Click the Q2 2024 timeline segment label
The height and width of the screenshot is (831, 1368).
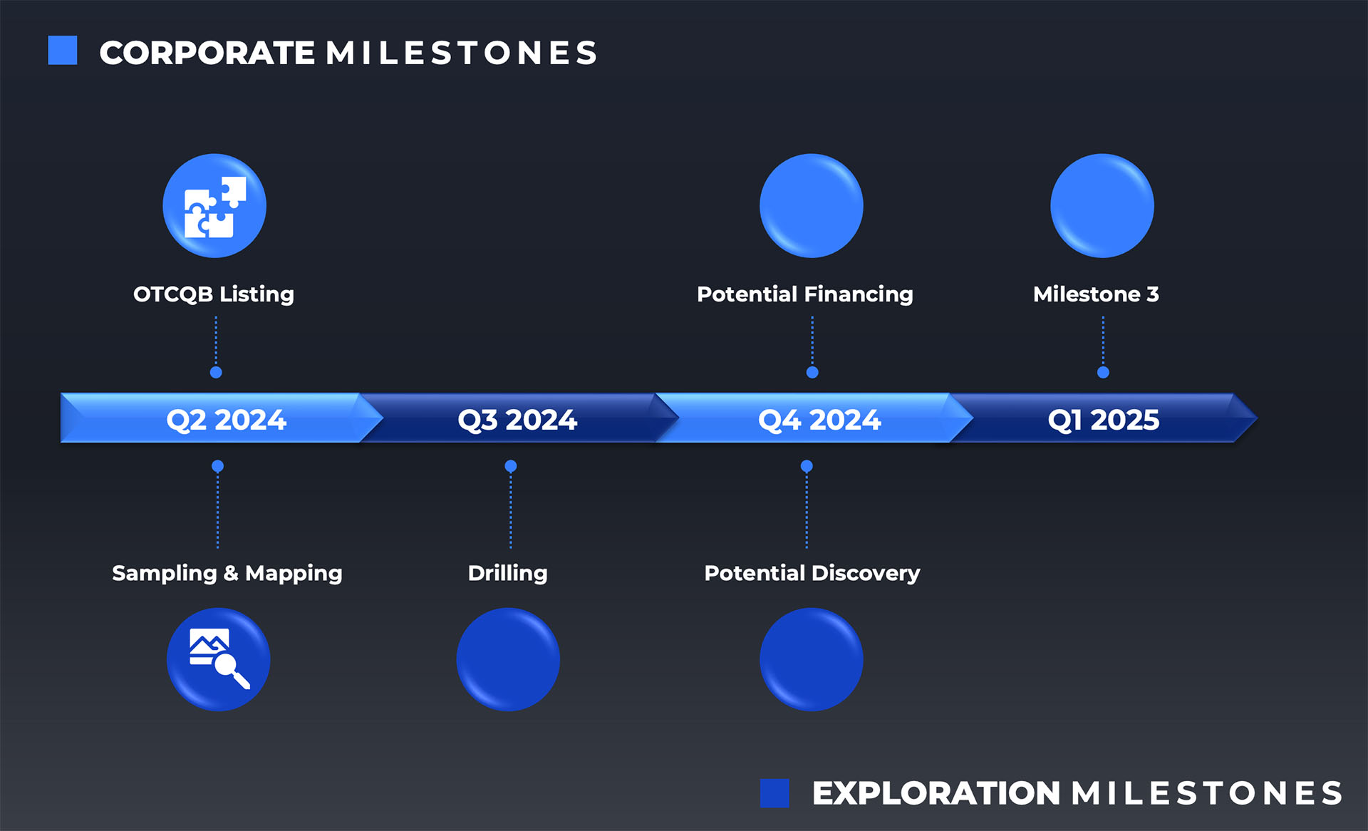point(226,420)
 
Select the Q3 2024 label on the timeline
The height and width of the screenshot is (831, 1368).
point(517,420)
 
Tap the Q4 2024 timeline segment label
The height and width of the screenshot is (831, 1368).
point(819,420)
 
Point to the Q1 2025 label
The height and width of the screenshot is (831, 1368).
point(1103,420)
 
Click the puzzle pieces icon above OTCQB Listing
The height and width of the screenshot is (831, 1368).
point(214,206)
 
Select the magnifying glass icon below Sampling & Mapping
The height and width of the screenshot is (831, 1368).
point(219,659)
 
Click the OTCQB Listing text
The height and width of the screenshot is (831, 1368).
point(214,294)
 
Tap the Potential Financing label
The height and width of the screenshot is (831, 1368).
point(805,294)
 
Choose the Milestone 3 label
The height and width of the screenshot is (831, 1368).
point(1096,294)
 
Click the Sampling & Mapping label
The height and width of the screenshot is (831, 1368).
point(227,573)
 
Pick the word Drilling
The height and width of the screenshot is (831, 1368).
point(507,573)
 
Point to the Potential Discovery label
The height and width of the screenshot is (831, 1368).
point(812,573)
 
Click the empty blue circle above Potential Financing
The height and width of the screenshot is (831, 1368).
point(812,206)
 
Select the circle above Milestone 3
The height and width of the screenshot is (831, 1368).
point(1102,206)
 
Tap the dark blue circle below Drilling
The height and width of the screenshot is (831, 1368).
point(508,659)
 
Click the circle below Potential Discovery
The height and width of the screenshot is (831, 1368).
point(812,659)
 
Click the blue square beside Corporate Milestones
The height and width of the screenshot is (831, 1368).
point(63,51)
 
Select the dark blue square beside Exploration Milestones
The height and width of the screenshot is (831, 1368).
point(774,793)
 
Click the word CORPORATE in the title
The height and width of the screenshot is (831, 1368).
point(207,53)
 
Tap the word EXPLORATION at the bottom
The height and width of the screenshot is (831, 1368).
point(936,794)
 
